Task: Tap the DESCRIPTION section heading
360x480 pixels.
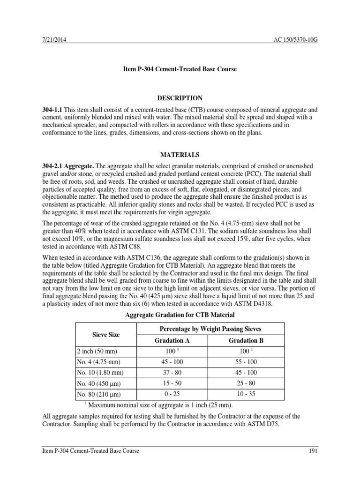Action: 180,98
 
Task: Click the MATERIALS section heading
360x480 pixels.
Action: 180,154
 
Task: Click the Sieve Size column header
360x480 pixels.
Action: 105,335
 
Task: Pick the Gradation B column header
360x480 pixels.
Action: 246,341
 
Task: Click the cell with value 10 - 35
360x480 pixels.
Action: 246,394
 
